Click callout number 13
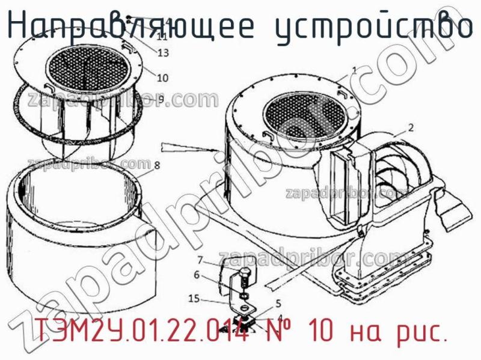[163, 53]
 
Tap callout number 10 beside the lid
[162, 77]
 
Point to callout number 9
[161, 98]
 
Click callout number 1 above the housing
[355, 70]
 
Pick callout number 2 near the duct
[410, 127]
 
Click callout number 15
[193, 297]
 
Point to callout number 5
[278, 303]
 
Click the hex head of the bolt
[245, 278]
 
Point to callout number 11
[162, 37]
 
